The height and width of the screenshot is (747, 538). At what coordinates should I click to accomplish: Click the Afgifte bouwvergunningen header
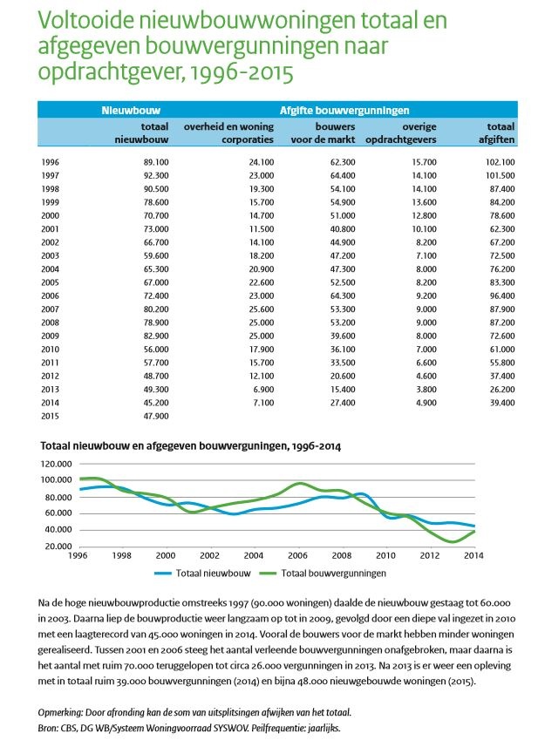tap(344, 111)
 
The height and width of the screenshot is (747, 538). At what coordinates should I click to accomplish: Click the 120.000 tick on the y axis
tap(58, 463)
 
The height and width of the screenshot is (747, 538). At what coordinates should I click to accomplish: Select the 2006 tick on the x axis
tap(296, 556)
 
